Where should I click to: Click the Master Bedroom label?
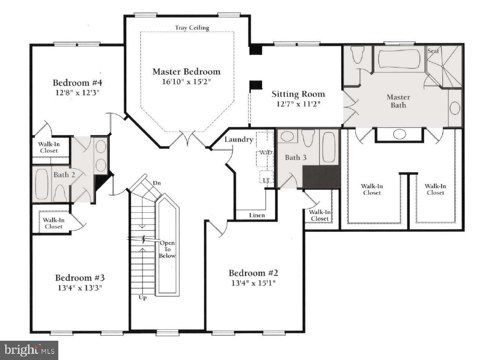(x=186, y=71)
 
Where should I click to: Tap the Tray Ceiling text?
(x=192, y=28)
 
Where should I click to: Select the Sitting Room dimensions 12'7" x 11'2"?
(x=298, y=104)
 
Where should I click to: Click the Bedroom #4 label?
(x=77, y=82)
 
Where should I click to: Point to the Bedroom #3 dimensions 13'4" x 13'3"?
(x=79, y=288)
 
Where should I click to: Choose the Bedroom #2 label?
(x=253, y=273)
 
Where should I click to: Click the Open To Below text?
(x=167, y=249)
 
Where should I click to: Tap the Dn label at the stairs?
(x=156, y=183)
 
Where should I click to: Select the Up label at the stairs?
(x=142, y=298)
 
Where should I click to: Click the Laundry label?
(x=239, y=139)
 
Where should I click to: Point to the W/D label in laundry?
(x=266, y=153)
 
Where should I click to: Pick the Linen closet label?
(x=257, y=215)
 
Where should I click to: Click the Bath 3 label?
(x=295, y=157)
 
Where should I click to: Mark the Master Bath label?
(x=398, y=101)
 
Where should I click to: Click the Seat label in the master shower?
(x=433, y=51)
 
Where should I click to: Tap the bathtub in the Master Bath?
(x=399, y=60)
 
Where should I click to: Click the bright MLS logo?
(x=29, y=350)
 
